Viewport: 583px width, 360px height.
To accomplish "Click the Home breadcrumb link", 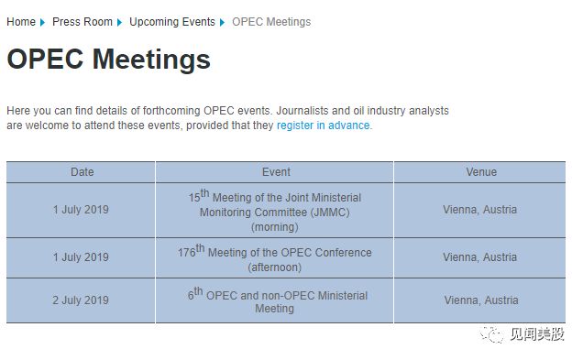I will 21,22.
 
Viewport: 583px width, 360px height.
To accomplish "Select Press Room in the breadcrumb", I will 82,22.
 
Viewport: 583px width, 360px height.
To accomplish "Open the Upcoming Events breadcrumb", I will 172,22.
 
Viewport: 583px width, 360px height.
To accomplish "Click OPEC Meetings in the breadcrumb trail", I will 271,22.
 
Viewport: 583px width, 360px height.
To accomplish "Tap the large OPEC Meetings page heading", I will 108,60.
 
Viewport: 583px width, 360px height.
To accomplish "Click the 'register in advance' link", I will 324,125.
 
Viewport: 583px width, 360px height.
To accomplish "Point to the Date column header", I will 82,172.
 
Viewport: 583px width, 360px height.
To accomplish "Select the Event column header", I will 275,172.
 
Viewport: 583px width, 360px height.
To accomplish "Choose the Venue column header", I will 480,172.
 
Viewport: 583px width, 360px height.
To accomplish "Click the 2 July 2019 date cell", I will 81,300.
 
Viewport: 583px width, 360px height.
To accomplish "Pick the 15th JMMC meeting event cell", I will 275,211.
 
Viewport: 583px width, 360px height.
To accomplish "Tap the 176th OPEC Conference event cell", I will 275,259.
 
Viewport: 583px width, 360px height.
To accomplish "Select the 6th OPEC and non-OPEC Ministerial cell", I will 275,300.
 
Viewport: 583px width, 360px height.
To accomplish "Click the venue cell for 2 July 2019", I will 480,300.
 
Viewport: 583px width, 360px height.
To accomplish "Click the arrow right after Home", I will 43,22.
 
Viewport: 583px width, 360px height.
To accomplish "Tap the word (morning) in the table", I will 274,226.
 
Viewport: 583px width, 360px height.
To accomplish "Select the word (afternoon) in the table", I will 275,267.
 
